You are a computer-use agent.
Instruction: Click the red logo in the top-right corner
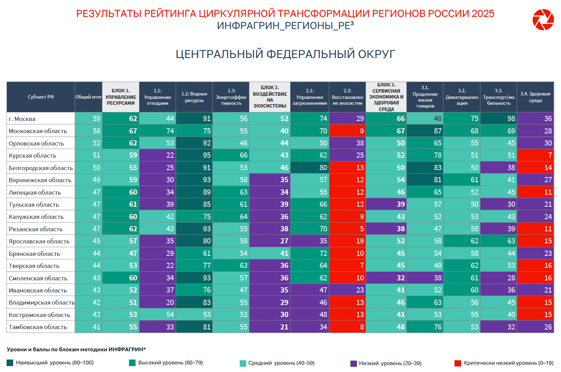(543, 20)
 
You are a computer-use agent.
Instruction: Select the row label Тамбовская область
(38, 327)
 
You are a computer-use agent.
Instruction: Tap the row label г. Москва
(22, 119)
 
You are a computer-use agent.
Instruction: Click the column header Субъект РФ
(41, 97)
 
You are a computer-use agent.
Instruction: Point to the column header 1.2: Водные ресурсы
(194, 97)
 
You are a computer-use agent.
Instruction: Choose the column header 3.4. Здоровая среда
(535, 97)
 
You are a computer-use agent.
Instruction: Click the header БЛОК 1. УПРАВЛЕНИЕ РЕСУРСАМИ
(121, 97)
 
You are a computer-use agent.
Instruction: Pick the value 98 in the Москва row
(511, 119)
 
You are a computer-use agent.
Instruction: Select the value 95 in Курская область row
(206, 155)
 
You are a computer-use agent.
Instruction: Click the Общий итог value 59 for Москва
(96, 119)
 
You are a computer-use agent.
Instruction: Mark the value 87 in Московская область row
(438, 131)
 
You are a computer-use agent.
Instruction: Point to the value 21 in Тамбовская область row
(284, 327)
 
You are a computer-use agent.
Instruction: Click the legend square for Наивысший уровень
(10, 363)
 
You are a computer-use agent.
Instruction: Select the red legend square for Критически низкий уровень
(458, 363)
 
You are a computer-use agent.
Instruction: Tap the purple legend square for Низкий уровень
(353, 363)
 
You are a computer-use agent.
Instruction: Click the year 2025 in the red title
(483, 13)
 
